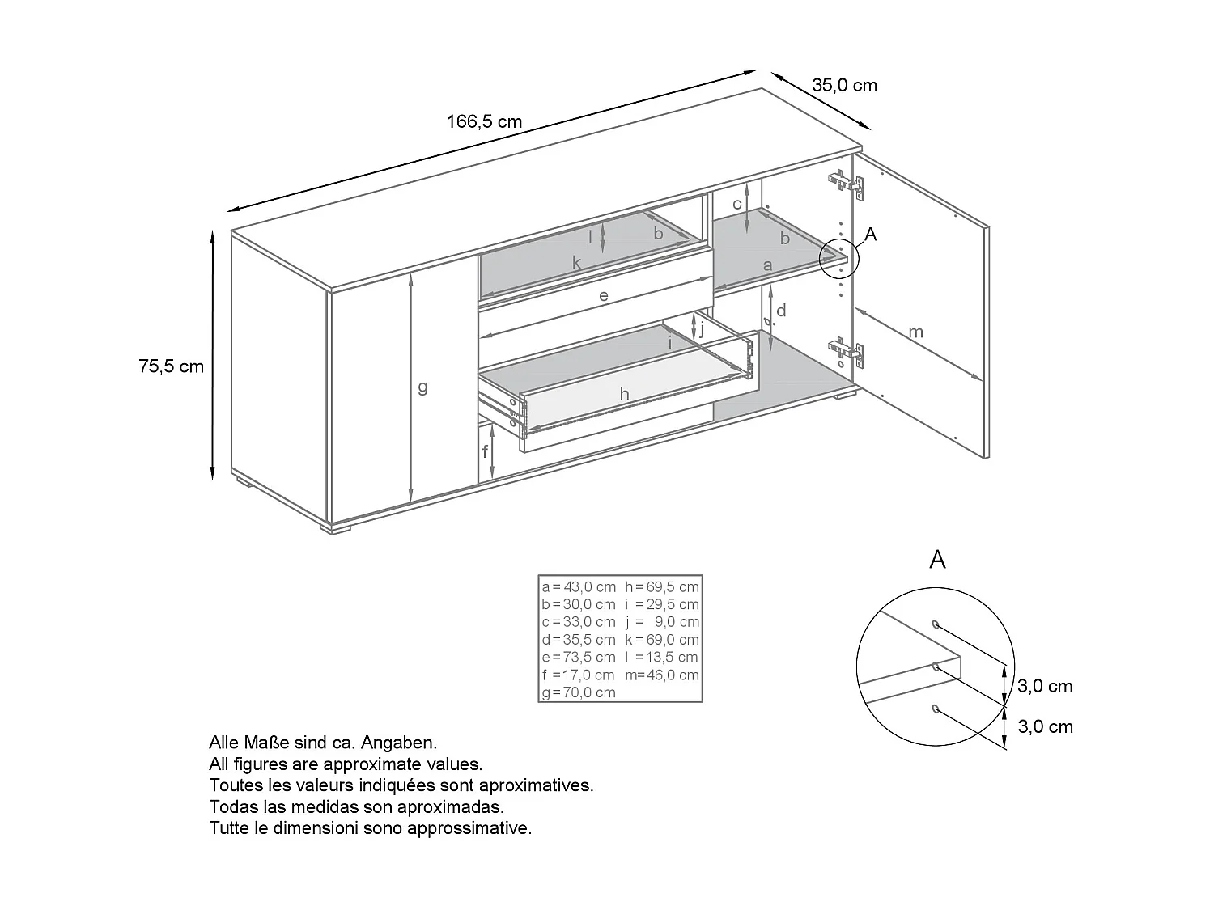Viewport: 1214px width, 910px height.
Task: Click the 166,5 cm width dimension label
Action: coord(484,122)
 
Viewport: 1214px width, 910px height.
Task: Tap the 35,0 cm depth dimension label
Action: coord(844,85)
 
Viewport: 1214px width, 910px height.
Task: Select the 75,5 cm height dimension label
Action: coord(171,366)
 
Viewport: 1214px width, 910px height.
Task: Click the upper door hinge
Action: coord(846,184)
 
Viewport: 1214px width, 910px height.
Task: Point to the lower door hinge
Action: coord(847,353)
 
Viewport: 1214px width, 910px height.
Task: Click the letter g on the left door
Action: coord(422,387)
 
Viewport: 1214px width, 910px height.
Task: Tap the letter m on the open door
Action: coord(915,332)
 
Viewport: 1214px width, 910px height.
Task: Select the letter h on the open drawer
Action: coord(624,394)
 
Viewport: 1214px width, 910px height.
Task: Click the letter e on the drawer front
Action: coord(603,296)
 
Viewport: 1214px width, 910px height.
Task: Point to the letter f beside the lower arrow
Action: coord(486,451)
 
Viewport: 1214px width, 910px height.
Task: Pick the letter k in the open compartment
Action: coord(576,262)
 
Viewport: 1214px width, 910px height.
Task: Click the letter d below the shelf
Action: coord(781,311)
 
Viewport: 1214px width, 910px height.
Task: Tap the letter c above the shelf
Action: coord(736,204)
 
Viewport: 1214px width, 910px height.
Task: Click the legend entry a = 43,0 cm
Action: coord(579,586)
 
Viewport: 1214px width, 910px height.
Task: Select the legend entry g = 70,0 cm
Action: coord(579,692)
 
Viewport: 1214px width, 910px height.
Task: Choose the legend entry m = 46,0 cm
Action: coord(661,675)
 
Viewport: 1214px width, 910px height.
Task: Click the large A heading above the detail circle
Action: coord(937,560)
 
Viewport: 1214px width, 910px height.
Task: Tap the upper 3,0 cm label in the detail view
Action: coord(1044,686)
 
